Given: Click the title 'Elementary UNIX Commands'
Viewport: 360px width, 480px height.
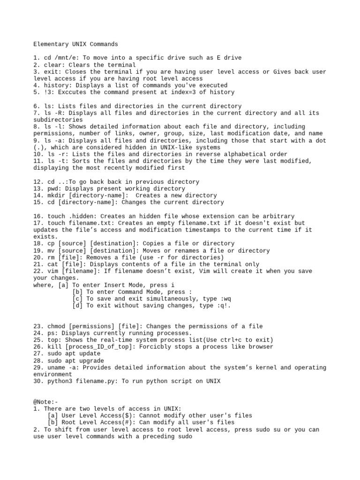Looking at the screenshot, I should coord(75,44).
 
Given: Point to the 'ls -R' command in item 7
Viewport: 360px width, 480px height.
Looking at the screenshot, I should coord(51,113).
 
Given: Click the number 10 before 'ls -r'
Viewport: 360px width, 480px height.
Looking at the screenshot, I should coord(37,154).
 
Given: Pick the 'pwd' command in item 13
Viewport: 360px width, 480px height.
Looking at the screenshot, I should coord(52,188).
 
